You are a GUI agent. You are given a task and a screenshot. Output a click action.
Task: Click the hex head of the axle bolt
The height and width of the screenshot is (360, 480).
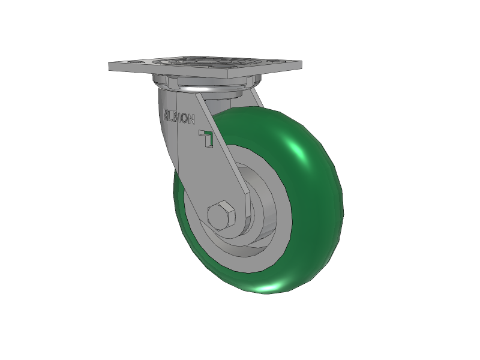[x=221, y=216]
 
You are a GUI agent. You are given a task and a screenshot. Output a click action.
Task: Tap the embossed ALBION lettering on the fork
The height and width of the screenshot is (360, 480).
[x=179, y=116]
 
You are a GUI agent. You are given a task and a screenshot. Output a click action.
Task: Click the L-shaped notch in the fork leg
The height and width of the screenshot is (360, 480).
[x=206, y=138]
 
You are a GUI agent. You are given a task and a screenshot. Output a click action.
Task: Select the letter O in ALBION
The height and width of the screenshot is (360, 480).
[x=185, y=118]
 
